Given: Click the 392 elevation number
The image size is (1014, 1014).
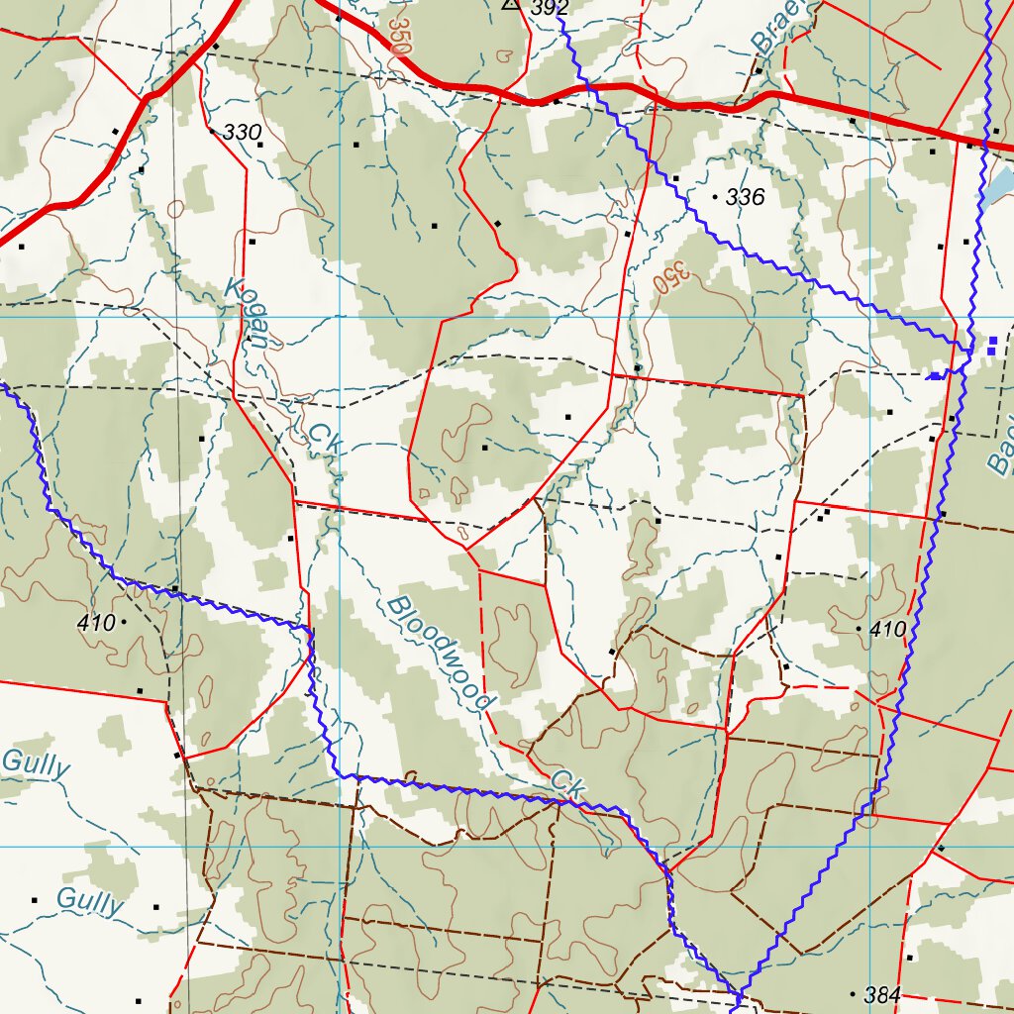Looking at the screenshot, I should coord(550,8).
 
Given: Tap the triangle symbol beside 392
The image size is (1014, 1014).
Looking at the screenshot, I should coord(511,4).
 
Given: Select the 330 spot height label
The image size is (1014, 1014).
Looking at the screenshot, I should coord(242,132).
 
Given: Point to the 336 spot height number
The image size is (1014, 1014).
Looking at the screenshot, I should coord(745,197).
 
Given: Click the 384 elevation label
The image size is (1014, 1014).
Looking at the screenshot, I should coord(882,993).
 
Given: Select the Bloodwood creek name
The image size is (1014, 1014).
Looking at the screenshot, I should coord(440,653).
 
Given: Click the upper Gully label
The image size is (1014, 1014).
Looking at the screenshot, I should coord(36,763).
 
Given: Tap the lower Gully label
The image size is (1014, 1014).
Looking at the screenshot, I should coord(90,901).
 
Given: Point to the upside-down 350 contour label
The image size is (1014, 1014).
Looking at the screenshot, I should coord(670,276).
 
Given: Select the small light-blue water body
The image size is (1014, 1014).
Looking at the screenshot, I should coord(999,184).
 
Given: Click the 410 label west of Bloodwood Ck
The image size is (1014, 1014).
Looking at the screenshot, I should coord(95,623).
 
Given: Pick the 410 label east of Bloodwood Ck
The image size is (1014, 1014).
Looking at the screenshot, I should coord(887,629).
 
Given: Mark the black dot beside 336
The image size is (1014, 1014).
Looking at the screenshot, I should coord(715,197).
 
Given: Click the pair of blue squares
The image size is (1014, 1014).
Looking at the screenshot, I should coord(991,345).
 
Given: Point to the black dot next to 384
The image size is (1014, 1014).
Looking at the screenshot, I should coord(854,992).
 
